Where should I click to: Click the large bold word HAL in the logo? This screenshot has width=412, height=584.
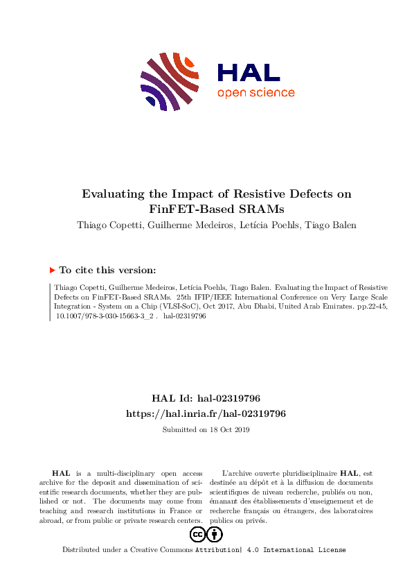coord(249,73)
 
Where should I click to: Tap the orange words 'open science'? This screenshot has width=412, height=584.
coord(256,93)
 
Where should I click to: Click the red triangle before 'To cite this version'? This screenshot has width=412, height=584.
coord(52,270)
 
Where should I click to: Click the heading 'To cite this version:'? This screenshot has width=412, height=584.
coord(107,270)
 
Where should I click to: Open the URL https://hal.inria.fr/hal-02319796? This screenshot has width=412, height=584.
coord(206,413)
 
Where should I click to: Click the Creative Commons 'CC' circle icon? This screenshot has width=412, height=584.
coord(197,534)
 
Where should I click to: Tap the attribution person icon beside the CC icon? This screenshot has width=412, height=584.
coord(215,534)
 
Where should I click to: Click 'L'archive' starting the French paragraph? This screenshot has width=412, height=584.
coord(239,472)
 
